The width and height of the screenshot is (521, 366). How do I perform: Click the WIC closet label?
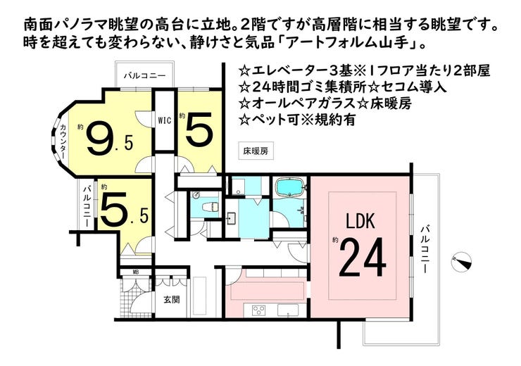[164, 120]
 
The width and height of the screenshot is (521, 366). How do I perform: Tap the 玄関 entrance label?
[172, 300]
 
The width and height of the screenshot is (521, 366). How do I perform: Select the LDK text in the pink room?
[360, 222]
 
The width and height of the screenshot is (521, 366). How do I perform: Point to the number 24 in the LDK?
[363, 258]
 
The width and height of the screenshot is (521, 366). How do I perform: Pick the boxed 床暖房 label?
[256, 151]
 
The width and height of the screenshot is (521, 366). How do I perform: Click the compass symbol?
[462, 261]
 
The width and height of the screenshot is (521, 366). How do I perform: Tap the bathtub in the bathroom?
[290, 187]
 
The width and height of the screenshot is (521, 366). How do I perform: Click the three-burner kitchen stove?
[259, 310]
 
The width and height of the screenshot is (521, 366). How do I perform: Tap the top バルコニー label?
[144, 76]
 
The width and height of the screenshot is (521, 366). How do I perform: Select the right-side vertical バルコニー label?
[424, 249]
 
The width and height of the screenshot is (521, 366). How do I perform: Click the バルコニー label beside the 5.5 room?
[87, 206]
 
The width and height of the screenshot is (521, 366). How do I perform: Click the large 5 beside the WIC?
[199, 129]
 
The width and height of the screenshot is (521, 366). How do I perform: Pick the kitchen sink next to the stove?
[288, 310]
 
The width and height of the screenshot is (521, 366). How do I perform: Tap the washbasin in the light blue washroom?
[231, 218]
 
